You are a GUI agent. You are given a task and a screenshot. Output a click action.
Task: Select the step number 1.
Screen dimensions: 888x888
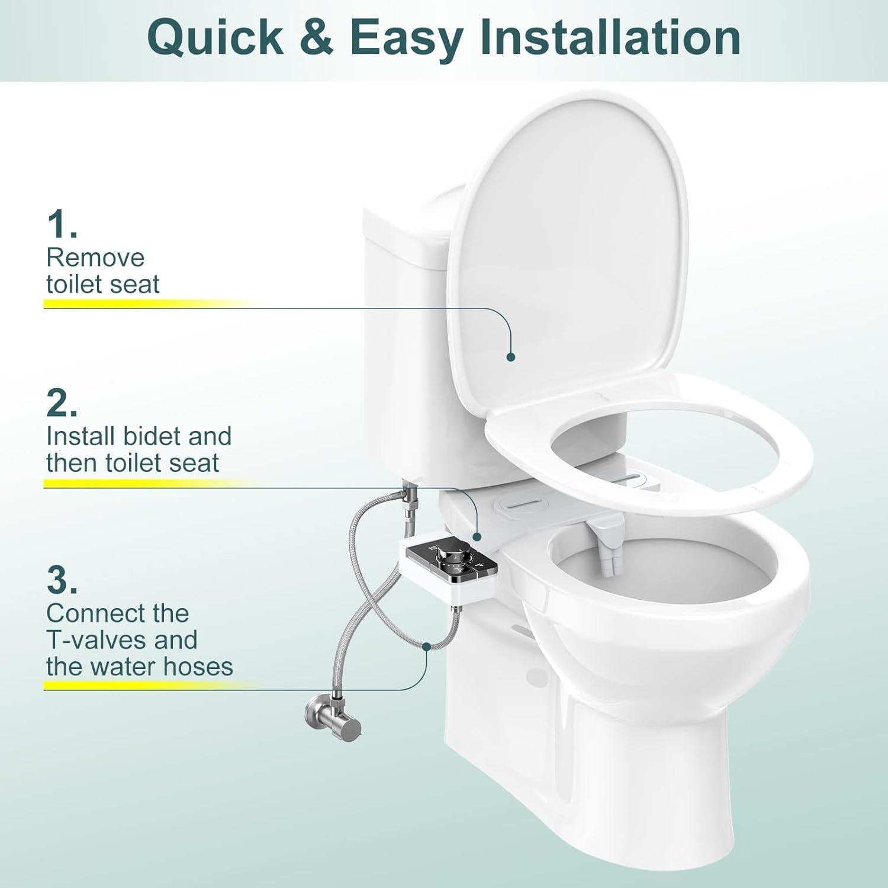[61, 225]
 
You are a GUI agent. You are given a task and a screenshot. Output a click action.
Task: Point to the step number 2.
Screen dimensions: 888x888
[61, 404]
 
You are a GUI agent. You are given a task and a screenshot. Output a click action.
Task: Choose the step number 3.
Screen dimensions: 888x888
[61, 581]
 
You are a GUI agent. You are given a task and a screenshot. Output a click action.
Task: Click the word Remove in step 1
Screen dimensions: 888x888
[95, 258]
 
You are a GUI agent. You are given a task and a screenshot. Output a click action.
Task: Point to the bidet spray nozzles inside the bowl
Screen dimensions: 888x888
[607, 560]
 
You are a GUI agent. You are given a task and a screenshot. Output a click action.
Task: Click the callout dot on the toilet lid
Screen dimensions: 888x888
[511, 356]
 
